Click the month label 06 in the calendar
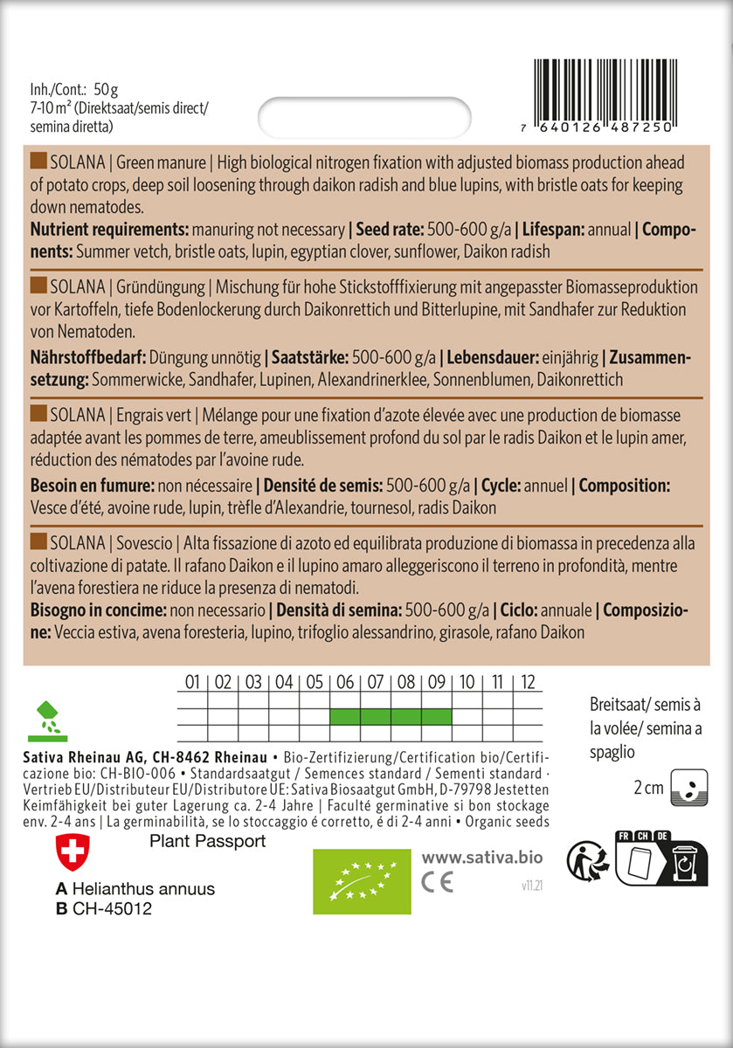pyautogui.click(x=345, y=682)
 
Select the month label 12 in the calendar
pyautogui.click(x=527, y=682)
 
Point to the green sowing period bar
pyautogui.click(x=391, y=716)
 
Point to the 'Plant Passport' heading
pyautogui.click(x=208, y=842)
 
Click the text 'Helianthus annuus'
pyautogui.click(x=143, y=889)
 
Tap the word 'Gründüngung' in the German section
pyautogui.click(x=163, y=286)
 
